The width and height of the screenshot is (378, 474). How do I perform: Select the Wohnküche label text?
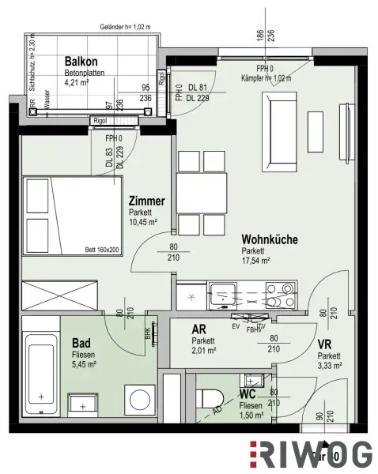[x=270, y=239]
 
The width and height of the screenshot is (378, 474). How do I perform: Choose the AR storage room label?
[x=199, y=330]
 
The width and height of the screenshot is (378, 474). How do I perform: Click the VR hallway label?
[x=324, y=344]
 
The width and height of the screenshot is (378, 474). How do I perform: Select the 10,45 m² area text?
[x=143, y=222]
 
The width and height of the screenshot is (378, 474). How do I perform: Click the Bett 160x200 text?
[x=102, y=250]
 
